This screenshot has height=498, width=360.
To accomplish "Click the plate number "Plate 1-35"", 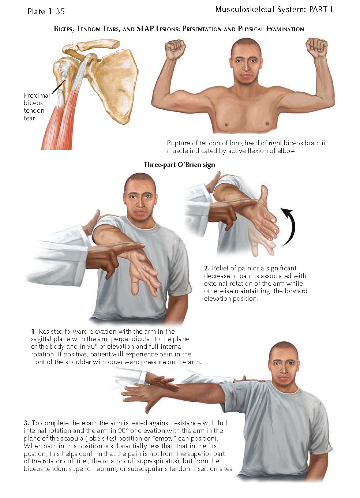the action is pos(46,11).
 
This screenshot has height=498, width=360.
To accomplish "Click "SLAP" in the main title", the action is pos(145,29).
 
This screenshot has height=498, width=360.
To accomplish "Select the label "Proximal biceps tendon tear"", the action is pos(37,107).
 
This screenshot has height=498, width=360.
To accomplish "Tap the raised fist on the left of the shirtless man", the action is pos(175,49).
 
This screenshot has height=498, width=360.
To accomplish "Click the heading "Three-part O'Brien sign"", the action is pos(180,165).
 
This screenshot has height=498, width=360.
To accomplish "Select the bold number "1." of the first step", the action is pos(34,332).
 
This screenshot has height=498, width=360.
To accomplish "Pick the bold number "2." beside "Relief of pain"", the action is pos(207,268).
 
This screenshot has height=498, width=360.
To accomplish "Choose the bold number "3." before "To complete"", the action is pos(27,423).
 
